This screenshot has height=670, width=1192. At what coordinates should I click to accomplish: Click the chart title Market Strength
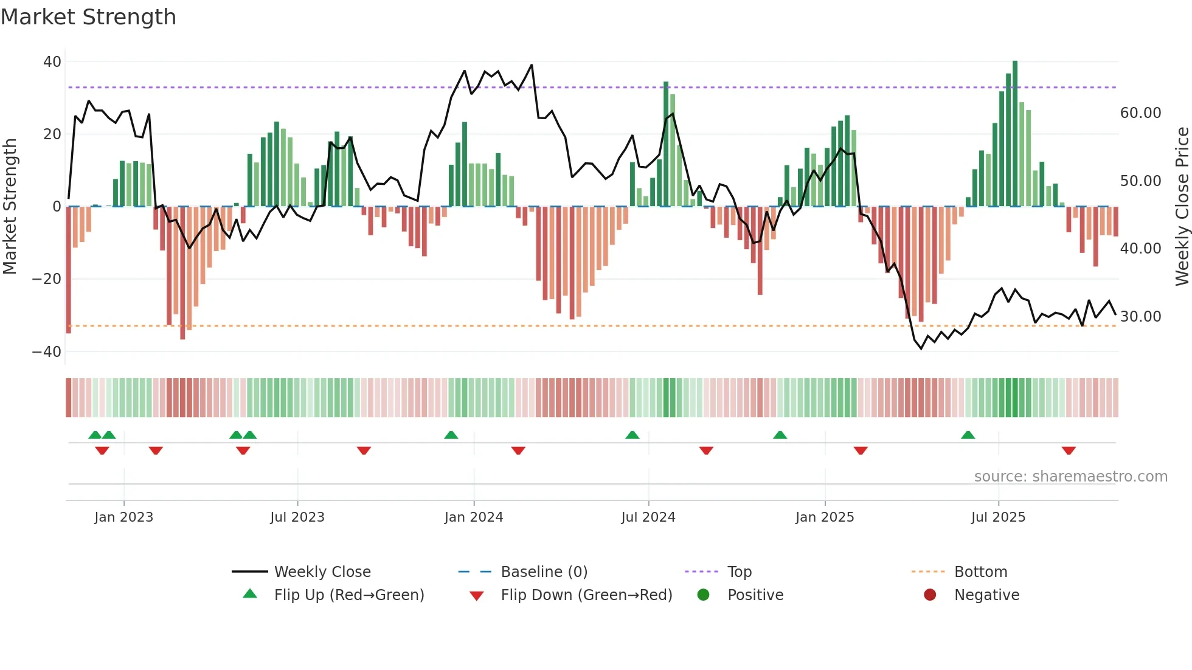click(x=88, y=17)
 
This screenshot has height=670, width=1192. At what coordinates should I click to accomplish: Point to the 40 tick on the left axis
click(x=52, y=62)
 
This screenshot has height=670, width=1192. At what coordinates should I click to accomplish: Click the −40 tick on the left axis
click(x=47, y=352)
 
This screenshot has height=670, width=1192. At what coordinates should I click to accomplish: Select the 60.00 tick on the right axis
click(x=1140, y=113)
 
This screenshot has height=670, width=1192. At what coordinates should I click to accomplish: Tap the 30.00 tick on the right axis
click(x=1140, y=317)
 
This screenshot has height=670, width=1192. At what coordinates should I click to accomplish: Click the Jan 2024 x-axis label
click(x=474, y=517)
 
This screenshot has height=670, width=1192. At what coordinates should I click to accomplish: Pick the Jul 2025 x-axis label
click(x=998, y=517)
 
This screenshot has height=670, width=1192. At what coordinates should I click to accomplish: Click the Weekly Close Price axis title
click(x=1182, y=207)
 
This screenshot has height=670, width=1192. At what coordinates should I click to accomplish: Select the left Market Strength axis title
click(x=10, y=207)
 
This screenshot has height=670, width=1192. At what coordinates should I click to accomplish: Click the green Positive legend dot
click(x=704, y=595)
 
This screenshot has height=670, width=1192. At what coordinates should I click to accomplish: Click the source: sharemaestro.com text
click(x=1070, y=477)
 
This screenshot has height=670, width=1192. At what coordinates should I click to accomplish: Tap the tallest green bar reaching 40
click(x=1015, y=134)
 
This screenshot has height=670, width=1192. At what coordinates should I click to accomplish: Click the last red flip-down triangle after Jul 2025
click(x=1069, y=451)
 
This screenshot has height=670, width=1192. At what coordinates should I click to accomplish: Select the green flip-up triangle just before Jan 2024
click(x=451, y=435)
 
